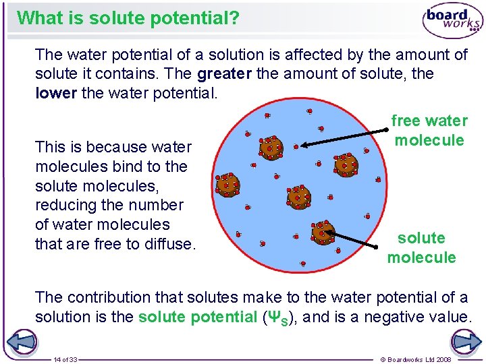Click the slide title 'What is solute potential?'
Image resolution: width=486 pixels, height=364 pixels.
[128, 18]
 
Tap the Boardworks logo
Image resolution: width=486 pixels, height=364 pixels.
[452, 21]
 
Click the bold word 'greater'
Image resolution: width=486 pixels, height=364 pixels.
[225, 73]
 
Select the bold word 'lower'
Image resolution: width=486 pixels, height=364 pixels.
[55, 92]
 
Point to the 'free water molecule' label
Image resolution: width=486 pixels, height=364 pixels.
[429, 130]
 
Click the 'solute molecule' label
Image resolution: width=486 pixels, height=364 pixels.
[421, 247]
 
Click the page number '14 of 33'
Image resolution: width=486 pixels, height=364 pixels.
[65, 359]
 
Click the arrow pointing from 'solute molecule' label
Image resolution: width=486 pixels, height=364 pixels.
[362, 239]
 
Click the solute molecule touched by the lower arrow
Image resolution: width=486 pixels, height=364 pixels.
[322, 231]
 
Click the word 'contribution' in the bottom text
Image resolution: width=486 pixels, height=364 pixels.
[102, 297]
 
